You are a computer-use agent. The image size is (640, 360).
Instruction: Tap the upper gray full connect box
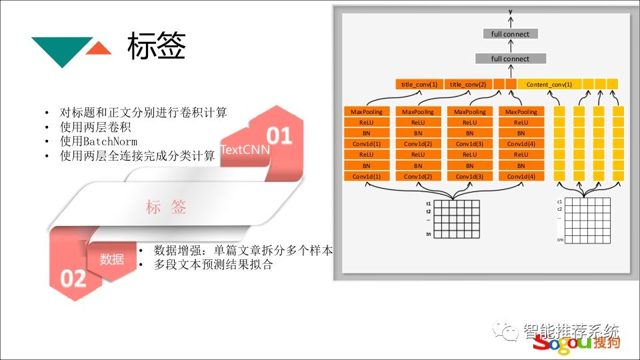(x=510, y=34)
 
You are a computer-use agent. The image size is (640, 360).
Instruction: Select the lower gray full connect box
(x=510, y=59)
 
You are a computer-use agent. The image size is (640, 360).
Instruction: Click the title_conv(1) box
(x=419, y=85)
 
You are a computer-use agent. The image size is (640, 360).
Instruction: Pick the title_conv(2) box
(x=468, y=85)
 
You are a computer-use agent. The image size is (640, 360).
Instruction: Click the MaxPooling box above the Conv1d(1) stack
(x=367, y=112)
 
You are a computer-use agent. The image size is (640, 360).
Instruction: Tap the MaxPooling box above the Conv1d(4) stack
(x=521, y=112)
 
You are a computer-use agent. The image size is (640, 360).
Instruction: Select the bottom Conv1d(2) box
(x=418, y=176)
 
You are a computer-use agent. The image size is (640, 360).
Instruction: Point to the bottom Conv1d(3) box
(x=469, y=176)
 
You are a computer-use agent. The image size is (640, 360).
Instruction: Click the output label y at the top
(x=510, y=12)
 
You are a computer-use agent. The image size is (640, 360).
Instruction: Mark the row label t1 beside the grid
(x=429, y=203)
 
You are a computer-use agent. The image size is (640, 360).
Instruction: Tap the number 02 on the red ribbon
(x=73, y=277)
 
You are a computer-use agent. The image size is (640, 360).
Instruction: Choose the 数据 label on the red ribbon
(x=112, y=259)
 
